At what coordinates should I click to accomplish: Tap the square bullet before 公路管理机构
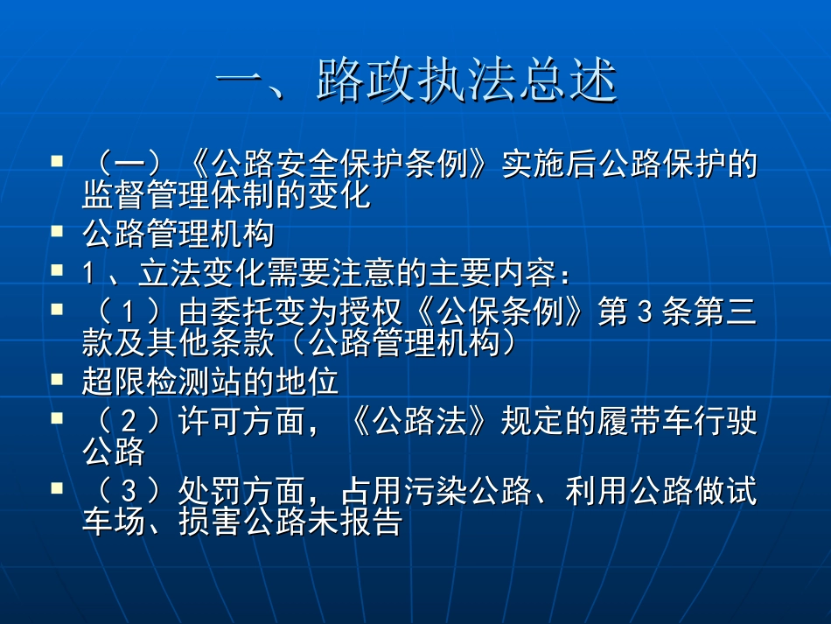(x=57, y=232)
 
